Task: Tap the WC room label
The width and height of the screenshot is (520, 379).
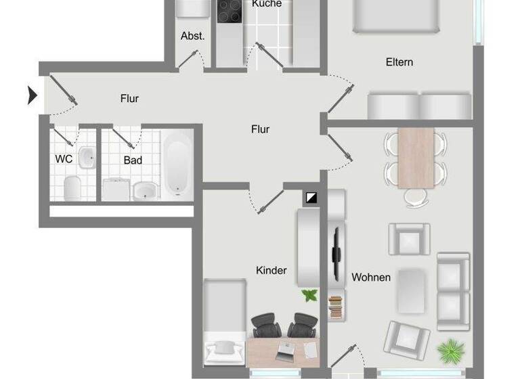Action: click(64, 160)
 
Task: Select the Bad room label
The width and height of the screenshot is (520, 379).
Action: click(133, 160)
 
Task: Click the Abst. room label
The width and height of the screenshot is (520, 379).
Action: click(192, 37)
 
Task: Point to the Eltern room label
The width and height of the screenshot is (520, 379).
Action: click(399, 62)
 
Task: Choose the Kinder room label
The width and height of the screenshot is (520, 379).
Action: click(271, 271)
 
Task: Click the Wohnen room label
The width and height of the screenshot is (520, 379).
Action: click(371, 277)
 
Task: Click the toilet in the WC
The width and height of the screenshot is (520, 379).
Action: click(72, 187)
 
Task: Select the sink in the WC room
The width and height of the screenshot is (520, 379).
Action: click(87, 158)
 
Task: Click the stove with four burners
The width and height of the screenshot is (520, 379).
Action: click(230, 12)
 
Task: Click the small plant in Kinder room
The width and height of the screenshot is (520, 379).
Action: click(309, 295)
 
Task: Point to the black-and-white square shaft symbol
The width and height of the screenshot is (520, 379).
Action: click(312, 198)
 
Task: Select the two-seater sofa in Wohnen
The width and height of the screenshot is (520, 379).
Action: click(453, 287)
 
